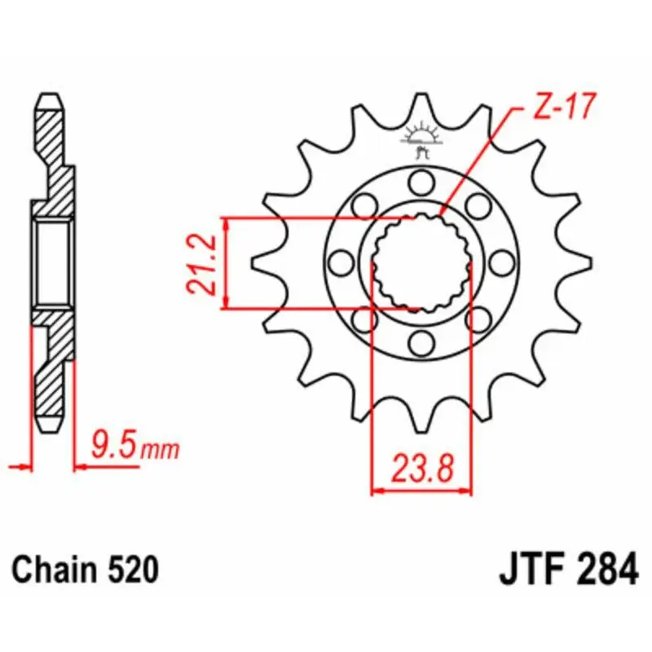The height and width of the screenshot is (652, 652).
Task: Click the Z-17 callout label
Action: pos(565,107)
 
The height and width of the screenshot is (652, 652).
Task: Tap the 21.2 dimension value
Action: pos(201,264)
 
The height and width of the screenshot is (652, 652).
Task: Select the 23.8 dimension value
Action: pos(421,468)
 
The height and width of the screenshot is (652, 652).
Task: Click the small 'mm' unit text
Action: pos(160,450)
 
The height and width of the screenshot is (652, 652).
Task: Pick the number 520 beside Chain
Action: pos(133,569)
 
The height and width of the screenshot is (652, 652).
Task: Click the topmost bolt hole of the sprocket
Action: pos(421,182)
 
